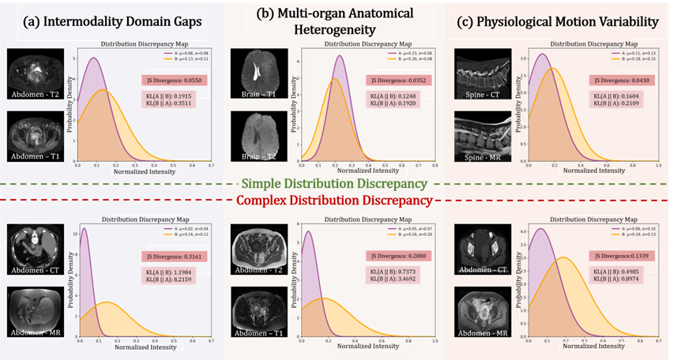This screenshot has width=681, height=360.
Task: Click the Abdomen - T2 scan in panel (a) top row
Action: [36, 73]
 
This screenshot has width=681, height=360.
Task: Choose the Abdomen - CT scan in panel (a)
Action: [36, 246]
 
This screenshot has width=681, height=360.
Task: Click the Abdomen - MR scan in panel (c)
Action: [483, 311]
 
